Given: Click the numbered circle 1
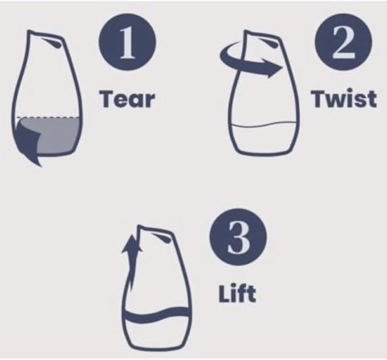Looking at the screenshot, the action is point(127,42).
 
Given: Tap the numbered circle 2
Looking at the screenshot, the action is point(343,42).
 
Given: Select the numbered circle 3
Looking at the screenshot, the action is point(238,237).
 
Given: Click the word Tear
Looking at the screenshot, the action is point(127,99).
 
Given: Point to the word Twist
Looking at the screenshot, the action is point(344,99).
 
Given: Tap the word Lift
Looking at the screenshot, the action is point(237,294).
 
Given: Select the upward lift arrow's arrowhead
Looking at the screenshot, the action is point(132,244).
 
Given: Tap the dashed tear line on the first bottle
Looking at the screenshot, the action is point(48,117).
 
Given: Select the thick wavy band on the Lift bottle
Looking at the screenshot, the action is point(157,315).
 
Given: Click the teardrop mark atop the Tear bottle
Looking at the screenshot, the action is point(52,42).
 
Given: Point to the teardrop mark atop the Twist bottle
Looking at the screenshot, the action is point(267,42).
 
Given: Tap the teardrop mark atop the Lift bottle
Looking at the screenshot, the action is point(162,237).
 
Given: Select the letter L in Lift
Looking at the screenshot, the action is point(223,294).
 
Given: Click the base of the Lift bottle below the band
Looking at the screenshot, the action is point(157,335).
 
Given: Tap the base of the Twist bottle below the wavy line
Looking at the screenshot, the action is point(264,140).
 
